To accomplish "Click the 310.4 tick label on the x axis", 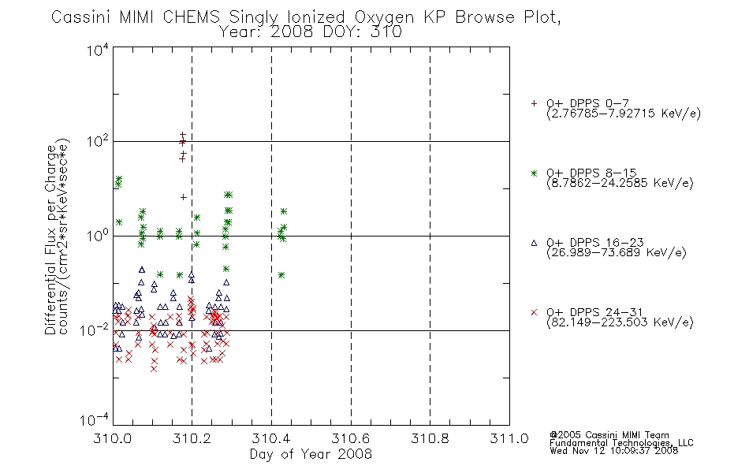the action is tap(271, 438).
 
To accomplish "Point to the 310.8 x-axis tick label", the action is tap(430, 438).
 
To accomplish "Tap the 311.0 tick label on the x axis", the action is tap(509, 438).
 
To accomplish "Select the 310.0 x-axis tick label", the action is tap(113, 438).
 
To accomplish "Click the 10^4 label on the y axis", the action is tap(98, 50).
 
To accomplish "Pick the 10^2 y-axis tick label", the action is tap(98, 142).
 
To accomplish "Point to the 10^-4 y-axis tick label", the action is tap(95, 419).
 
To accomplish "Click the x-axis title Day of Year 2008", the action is tap(311, 454).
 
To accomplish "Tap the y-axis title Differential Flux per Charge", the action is tap(51, 240).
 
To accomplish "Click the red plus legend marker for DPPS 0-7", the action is tap(534, 103).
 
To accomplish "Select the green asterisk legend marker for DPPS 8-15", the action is tap(534, 173).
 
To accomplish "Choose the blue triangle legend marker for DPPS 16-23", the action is tap(534, 243).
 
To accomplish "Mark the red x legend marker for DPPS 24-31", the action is tap(534, 312).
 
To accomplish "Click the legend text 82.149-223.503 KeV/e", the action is tap(620, 322).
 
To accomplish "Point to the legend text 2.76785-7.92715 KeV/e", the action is tap(624, 114).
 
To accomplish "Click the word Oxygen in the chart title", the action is tap(384, 17).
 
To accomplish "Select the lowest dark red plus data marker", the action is tap(184, 197).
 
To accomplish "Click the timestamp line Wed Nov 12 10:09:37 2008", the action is tap(614, 450).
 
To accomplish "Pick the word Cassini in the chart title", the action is tap(80, 17).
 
